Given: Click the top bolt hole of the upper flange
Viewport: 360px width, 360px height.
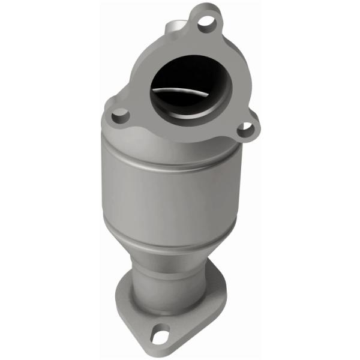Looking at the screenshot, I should pos(206,22).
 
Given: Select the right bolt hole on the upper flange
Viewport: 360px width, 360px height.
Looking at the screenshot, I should pos(245,127).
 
